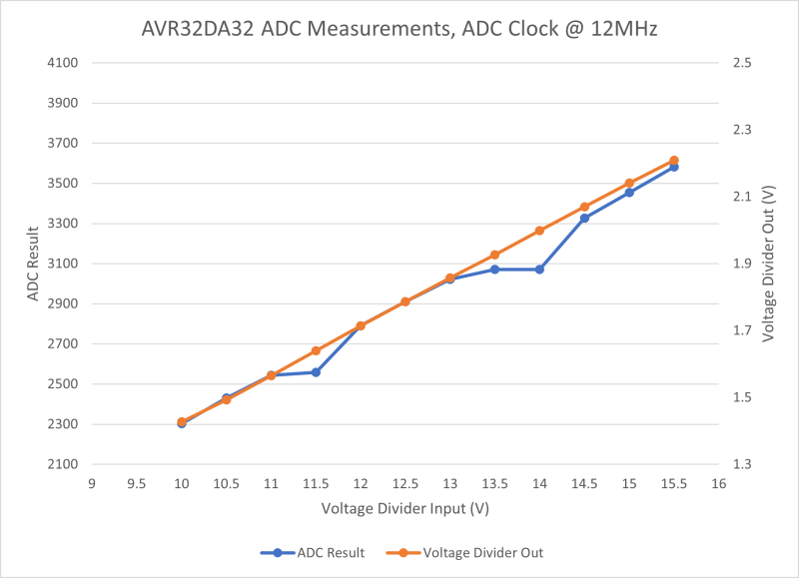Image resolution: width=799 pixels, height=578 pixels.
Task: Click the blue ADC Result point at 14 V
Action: click(x=539, y=270)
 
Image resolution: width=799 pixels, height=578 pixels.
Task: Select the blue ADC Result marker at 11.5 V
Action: click(x=316, y=372)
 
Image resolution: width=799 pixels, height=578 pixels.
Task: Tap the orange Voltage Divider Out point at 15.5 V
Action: click(x=674, y=161)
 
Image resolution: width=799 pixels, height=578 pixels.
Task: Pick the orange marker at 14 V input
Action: click(x=539, y=231)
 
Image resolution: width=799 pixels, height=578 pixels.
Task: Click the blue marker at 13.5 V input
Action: click(x=494, y=270)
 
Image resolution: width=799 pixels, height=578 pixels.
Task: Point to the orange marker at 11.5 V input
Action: click(x=316, y=350)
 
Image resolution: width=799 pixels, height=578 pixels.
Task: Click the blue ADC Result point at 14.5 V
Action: click(x=584, y=218)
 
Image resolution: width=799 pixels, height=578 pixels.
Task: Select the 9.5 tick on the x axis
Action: click(x=137, y=484)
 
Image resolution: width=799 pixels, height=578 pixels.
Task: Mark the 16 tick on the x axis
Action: click(x=718, y=484)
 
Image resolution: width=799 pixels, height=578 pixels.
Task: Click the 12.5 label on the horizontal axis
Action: click(x=405, y=484)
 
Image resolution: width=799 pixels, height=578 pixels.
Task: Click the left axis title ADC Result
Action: click(x=31, y=264)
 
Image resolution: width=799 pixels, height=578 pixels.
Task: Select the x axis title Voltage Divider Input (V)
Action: click(x=404, y=508)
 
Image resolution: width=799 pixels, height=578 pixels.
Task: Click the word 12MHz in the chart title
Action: click(x=622, y=29)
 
